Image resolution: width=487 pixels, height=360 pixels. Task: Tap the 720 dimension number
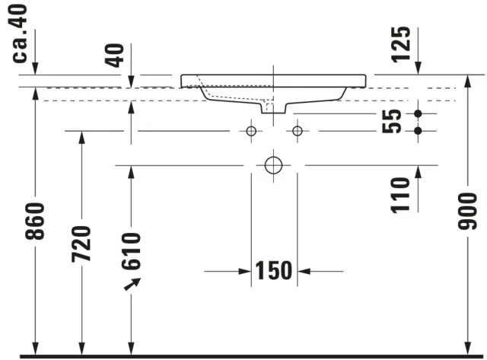81,243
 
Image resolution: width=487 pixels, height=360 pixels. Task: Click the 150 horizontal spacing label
273,270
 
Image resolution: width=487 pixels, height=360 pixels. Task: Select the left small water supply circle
250,131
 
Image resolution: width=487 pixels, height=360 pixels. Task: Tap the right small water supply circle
297,131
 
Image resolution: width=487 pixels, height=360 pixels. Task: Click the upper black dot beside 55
418,114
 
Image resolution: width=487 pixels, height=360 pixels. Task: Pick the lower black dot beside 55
418,131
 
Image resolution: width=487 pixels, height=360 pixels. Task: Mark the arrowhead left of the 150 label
245,270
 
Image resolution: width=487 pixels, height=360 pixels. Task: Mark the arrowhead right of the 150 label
303,270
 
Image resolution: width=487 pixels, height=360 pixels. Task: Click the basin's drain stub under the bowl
268,108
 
